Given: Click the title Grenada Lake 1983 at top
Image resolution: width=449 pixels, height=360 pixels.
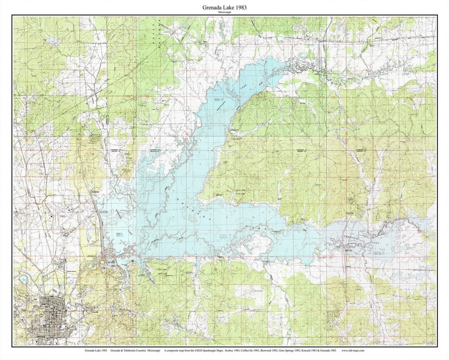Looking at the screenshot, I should [x=224, y=7].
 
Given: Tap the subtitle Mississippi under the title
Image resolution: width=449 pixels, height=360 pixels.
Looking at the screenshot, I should [x=224, y=12].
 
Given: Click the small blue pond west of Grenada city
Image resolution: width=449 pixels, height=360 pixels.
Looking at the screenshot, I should [x=24, y=279].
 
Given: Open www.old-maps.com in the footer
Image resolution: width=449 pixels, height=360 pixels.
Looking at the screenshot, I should [x=353, y=351].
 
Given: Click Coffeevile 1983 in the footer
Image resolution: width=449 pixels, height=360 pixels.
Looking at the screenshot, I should [x=251, y=351].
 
